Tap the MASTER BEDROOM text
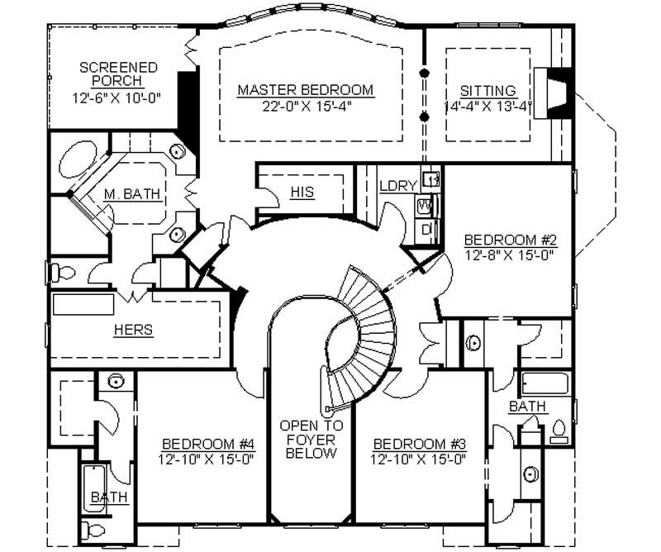(305, 89)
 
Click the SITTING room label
(487, 90)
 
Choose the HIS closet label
(302, 193)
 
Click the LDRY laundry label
(397, 186)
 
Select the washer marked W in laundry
(426, 205)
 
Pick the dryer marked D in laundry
(426, 229)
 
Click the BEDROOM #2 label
(510, 240)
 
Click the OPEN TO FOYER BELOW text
(307, 440)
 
